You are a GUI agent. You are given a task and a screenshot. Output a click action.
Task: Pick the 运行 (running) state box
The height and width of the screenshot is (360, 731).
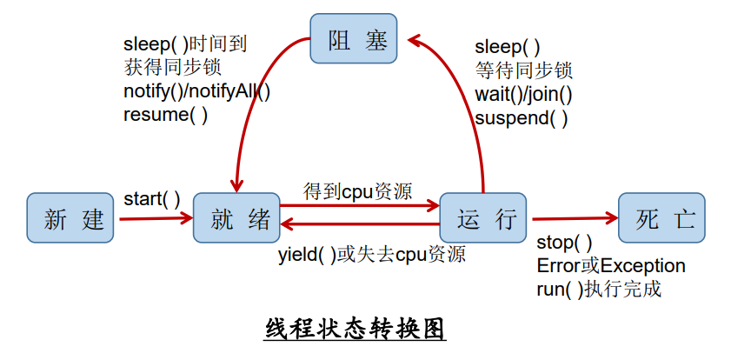483,217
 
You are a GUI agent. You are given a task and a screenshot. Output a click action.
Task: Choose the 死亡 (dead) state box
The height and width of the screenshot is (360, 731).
661,217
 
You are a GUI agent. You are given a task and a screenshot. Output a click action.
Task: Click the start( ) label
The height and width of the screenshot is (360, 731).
151,199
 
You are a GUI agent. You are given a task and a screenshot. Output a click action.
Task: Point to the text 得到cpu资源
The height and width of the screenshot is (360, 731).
357,190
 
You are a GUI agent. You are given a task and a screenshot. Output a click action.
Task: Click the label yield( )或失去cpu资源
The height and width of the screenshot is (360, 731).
371,255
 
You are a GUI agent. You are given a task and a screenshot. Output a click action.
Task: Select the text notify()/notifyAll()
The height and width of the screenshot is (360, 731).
196,91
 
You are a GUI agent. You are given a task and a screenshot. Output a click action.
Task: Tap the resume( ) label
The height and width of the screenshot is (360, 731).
165,114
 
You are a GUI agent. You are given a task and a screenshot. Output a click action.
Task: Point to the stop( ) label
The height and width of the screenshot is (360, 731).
564,243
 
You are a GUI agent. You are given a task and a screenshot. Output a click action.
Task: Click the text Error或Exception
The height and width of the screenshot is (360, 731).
611,266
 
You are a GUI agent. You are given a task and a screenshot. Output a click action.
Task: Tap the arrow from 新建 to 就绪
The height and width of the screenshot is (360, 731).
156,218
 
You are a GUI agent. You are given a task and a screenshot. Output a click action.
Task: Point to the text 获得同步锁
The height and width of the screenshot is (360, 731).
171,68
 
